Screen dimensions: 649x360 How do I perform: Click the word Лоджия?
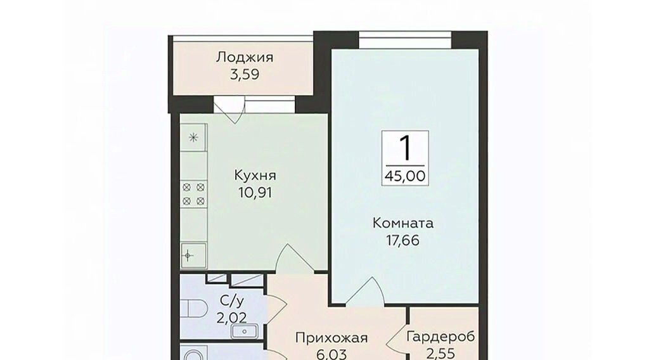click(244, 58)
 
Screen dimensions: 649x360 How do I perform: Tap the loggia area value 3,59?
click(245, 75)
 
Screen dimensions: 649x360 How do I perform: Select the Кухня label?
click(255, 176)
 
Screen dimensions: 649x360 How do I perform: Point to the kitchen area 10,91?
click(255, 193)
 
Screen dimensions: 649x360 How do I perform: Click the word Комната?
click(402, 224)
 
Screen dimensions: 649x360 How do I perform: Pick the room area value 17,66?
click(402, 240)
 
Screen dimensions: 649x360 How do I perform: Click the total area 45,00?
click(405, 176)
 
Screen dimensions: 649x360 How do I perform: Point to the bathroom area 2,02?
click(232, 318)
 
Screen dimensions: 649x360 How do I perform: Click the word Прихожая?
click(331, 338)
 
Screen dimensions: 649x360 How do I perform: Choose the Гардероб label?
click(440, 337)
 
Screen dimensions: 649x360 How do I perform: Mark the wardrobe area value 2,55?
click(440, 354)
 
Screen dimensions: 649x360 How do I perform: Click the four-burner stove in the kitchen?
click(194, 194)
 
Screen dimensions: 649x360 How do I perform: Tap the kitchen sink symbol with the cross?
click(193, 255)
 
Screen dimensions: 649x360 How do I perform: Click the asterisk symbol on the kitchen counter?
click(193, 138)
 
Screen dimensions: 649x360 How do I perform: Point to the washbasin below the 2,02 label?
click(245, 331)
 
